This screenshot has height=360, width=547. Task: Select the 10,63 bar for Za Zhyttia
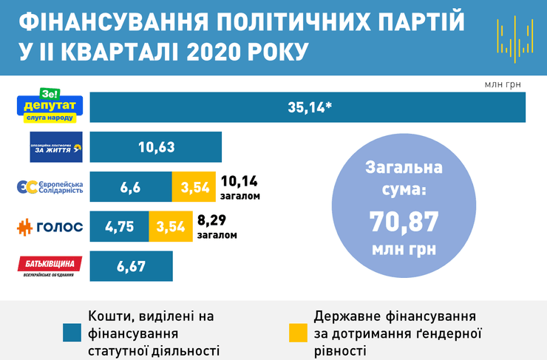point(155,146)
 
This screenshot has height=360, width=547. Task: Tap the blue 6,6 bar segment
point(130,186)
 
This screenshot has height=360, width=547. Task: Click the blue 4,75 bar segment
point(119,226)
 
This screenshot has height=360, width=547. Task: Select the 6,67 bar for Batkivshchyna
point(131,265)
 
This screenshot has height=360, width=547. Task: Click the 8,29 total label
point(214,220)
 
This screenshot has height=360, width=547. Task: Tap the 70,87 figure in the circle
point(404,220)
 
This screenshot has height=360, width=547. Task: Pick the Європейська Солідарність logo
point(50,186)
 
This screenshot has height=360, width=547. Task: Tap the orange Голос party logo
point(50,227)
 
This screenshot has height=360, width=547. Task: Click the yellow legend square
point(297,333)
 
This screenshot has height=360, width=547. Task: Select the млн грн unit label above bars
point(503,84)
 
